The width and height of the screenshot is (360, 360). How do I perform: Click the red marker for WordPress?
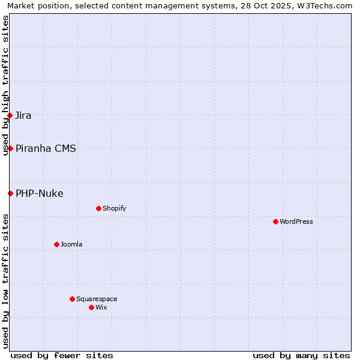(x=275, y=221)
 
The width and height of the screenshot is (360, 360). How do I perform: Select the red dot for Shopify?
(x=98, y=208)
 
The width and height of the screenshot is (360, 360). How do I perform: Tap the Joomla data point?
(x=56, y=244)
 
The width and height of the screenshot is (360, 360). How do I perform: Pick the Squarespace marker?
(x=72, y=299)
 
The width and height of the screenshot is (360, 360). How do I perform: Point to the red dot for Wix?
(x=91, y=307)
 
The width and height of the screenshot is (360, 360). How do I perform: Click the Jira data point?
(x=10, y=115)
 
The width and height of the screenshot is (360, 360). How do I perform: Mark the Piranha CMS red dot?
(x=10, y=148)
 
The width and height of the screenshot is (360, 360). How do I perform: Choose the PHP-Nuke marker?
(x=10, y=193)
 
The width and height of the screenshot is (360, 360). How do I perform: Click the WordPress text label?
(x=296, y=221)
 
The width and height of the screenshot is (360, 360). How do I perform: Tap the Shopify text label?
(x=114, y=208)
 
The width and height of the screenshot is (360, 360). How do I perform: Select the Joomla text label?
(x=71, y=244)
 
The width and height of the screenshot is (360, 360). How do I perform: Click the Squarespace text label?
(x=97, y=299)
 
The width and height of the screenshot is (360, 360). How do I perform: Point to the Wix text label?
(x=101, y=307)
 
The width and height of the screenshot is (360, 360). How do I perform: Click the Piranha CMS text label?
(x=46, y=148)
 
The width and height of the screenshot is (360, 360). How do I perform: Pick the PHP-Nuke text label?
(x=40, y=193)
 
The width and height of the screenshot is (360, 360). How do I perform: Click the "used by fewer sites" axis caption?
(x=62, y=355)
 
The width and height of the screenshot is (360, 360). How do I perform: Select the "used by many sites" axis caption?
(x=301, y=355)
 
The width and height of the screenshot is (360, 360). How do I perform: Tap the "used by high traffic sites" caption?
(x=5, y=86)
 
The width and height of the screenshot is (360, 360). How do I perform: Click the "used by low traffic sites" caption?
(x=5, y=281)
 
